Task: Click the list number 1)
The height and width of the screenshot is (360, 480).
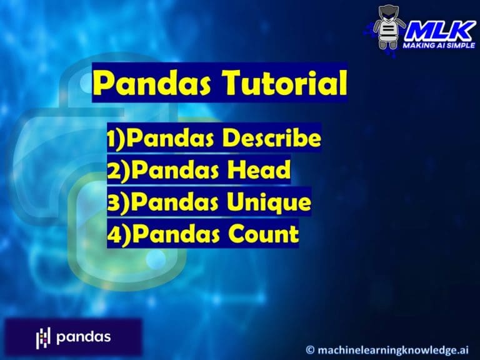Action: click(116, 139)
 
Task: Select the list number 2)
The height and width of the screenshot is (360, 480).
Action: click(119, 171)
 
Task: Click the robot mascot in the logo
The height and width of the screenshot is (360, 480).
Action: click(389, 27)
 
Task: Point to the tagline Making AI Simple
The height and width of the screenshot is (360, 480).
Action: click(439, 46)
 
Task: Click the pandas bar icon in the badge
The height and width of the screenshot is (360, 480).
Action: click(42, 337)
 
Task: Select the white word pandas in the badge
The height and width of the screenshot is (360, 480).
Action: click(83, 337)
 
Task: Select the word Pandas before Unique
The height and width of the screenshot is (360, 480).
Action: click(177, 202)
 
